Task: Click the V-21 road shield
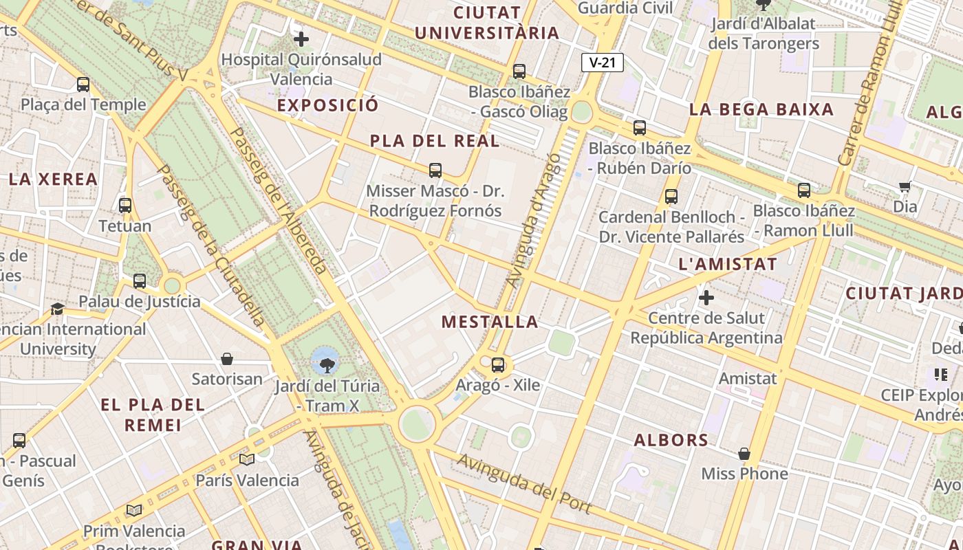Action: (x=602, y=63)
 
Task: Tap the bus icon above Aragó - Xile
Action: (x=498, y=365)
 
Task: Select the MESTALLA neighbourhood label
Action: (x=490, y=322)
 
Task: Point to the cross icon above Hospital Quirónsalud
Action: (x=301, y=39)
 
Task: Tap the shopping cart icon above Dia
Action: (x=905, y=186)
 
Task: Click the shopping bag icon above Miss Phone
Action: (x=744, y=454)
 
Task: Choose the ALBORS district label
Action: (x=671, y=440)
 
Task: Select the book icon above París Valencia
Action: (x=247, y=459)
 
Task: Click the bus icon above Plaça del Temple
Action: (x=83, y=85)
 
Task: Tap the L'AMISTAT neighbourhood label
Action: (x=728, y=264)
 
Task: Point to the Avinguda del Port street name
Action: (x=524, y=483)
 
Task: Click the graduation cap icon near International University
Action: (x=57, y=309)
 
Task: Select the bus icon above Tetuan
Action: (x=125, y=205)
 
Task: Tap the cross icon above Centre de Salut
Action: (x=706, y=298)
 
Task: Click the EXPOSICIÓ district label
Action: (x=327, y=105)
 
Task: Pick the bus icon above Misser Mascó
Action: (x=435, y=170)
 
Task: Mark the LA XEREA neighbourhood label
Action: (x=53, y=179)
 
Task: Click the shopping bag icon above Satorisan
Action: (x=227, y=359)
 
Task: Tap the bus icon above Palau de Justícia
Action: (x=140, y=280)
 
